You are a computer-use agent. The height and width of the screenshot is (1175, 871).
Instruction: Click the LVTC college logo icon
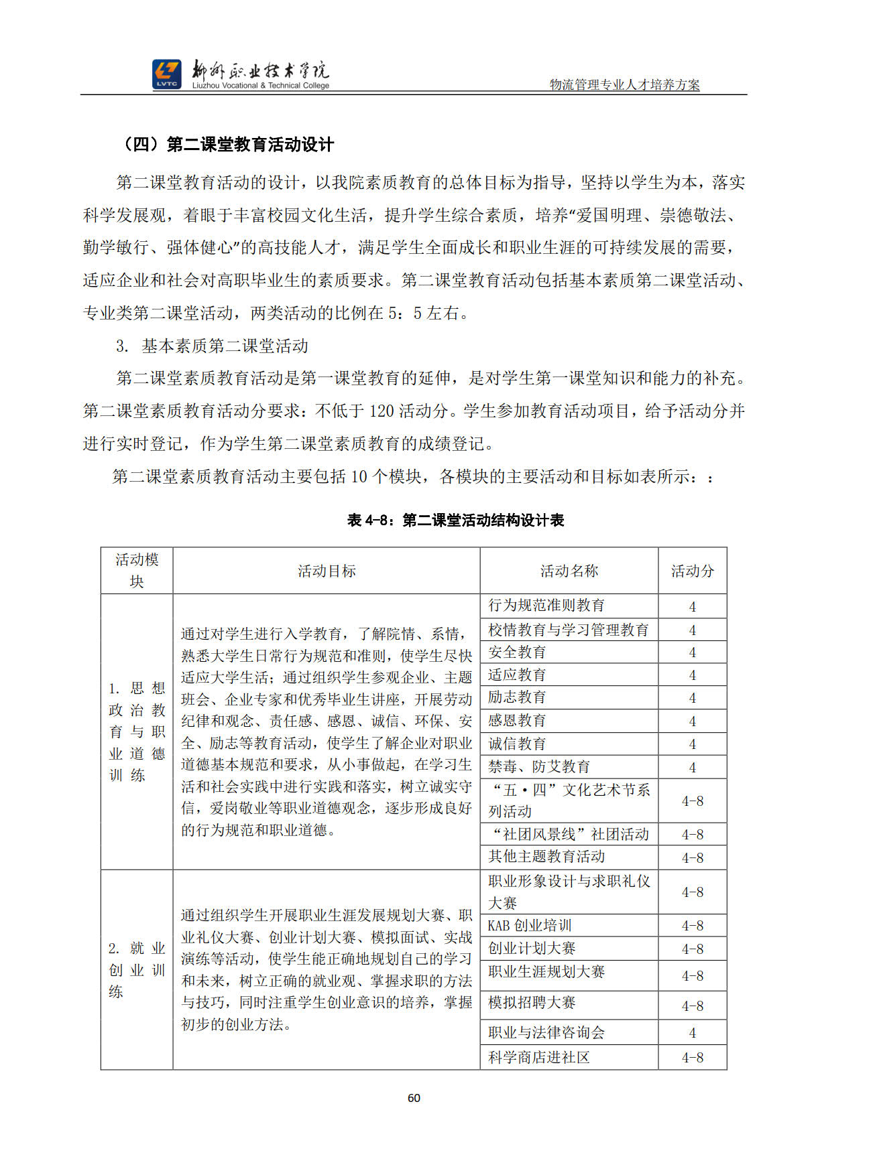166,74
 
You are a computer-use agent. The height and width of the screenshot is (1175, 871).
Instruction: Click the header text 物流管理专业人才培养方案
624,85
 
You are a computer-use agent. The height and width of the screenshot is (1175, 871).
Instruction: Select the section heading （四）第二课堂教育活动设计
228,145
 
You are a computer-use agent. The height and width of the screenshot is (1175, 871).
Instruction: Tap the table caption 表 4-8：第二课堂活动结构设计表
455,520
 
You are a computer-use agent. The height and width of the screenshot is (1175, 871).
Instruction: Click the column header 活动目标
327,571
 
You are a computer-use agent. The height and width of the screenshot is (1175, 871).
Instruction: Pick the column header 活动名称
569,571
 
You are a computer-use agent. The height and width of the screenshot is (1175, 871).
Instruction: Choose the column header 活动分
692,571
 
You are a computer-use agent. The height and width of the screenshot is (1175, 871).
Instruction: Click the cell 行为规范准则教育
546,606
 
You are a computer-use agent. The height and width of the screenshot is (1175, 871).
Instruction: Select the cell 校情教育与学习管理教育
568,630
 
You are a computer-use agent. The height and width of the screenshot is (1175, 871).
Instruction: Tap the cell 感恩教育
516,721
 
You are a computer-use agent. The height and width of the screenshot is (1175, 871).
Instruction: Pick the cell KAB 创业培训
529,926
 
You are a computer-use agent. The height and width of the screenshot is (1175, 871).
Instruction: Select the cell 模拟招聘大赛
531,1003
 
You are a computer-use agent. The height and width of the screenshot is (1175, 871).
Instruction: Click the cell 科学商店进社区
538,1058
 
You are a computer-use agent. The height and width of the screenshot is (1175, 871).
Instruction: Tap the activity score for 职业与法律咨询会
692,1033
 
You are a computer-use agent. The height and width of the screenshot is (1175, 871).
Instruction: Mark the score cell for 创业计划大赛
692,949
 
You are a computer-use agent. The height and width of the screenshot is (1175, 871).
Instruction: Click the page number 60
414,1098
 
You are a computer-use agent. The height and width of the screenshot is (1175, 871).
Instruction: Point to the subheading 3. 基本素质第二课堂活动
212,346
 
